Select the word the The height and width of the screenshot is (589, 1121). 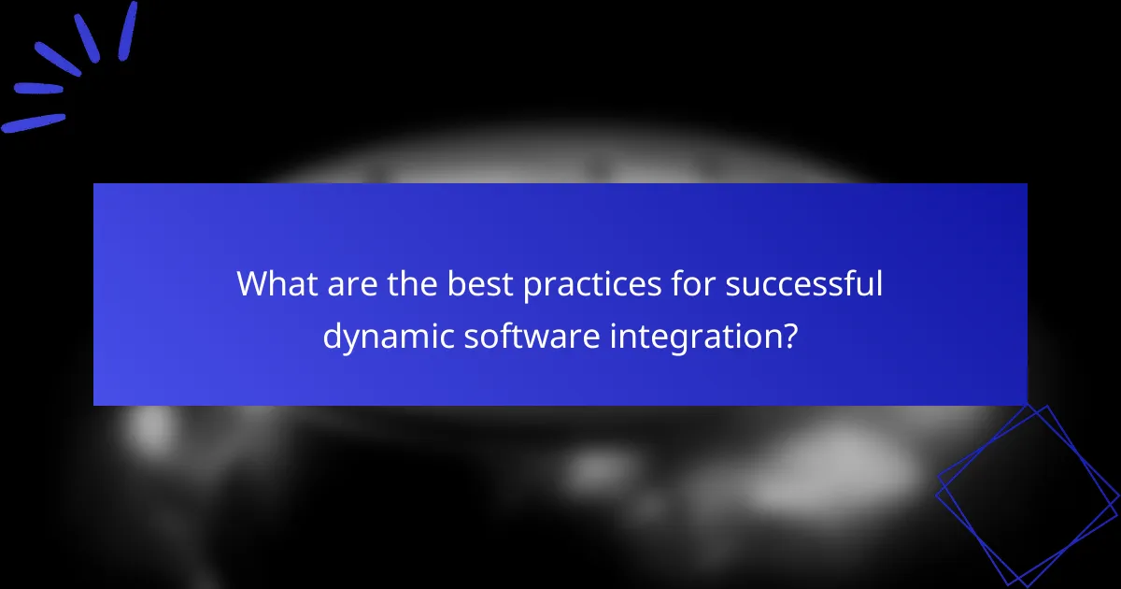point(406,284)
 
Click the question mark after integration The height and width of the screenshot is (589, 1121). point(789,335)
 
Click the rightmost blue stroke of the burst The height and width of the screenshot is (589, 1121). point(128,31)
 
